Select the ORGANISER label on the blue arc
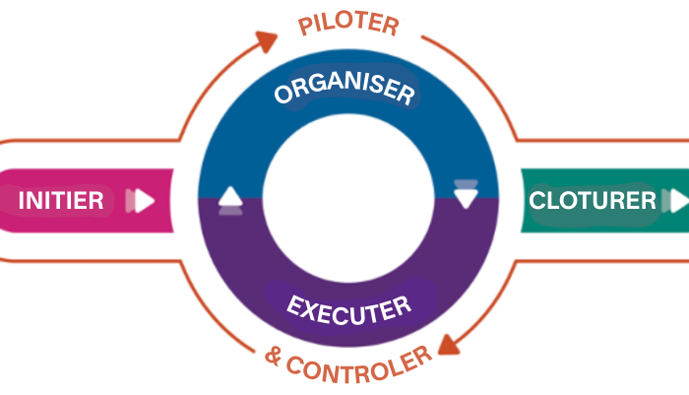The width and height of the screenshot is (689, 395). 344,92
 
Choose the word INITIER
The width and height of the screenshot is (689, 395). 61,201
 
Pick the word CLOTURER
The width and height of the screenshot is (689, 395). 593,201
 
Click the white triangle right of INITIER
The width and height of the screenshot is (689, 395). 144,201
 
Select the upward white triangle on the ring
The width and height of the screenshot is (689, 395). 229,197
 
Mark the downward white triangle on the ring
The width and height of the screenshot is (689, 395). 466,197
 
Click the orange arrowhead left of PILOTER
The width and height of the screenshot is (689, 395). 267,40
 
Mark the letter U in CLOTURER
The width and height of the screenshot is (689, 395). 603,201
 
